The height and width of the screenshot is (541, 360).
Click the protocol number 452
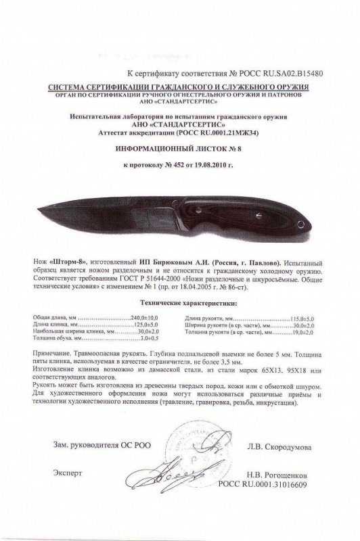[179, 164]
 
